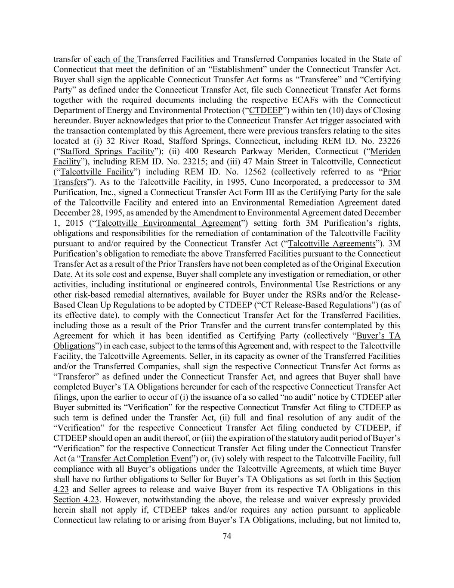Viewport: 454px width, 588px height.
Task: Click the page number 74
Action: click(227, 536)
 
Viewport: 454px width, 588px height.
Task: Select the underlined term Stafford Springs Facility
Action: click(107, 151)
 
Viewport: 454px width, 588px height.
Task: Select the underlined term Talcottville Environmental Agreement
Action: click(168, 223)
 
